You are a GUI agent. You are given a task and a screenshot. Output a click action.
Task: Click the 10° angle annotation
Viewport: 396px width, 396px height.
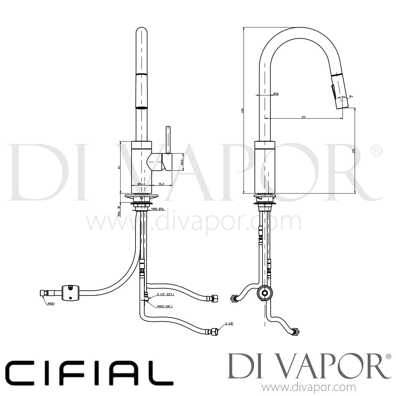coord(351,96)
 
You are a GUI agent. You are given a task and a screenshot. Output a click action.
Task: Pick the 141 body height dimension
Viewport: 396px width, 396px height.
coord(119,167)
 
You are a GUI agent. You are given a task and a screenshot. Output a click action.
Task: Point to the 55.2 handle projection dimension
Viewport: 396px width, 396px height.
coord(162,184)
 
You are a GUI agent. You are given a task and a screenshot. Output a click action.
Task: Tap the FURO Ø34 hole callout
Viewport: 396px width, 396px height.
coord(158,209)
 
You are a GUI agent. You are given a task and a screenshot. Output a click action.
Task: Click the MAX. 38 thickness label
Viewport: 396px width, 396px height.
coord(119,211)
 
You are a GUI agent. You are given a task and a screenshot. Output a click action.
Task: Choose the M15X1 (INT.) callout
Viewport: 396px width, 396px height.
coord(165,307)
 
